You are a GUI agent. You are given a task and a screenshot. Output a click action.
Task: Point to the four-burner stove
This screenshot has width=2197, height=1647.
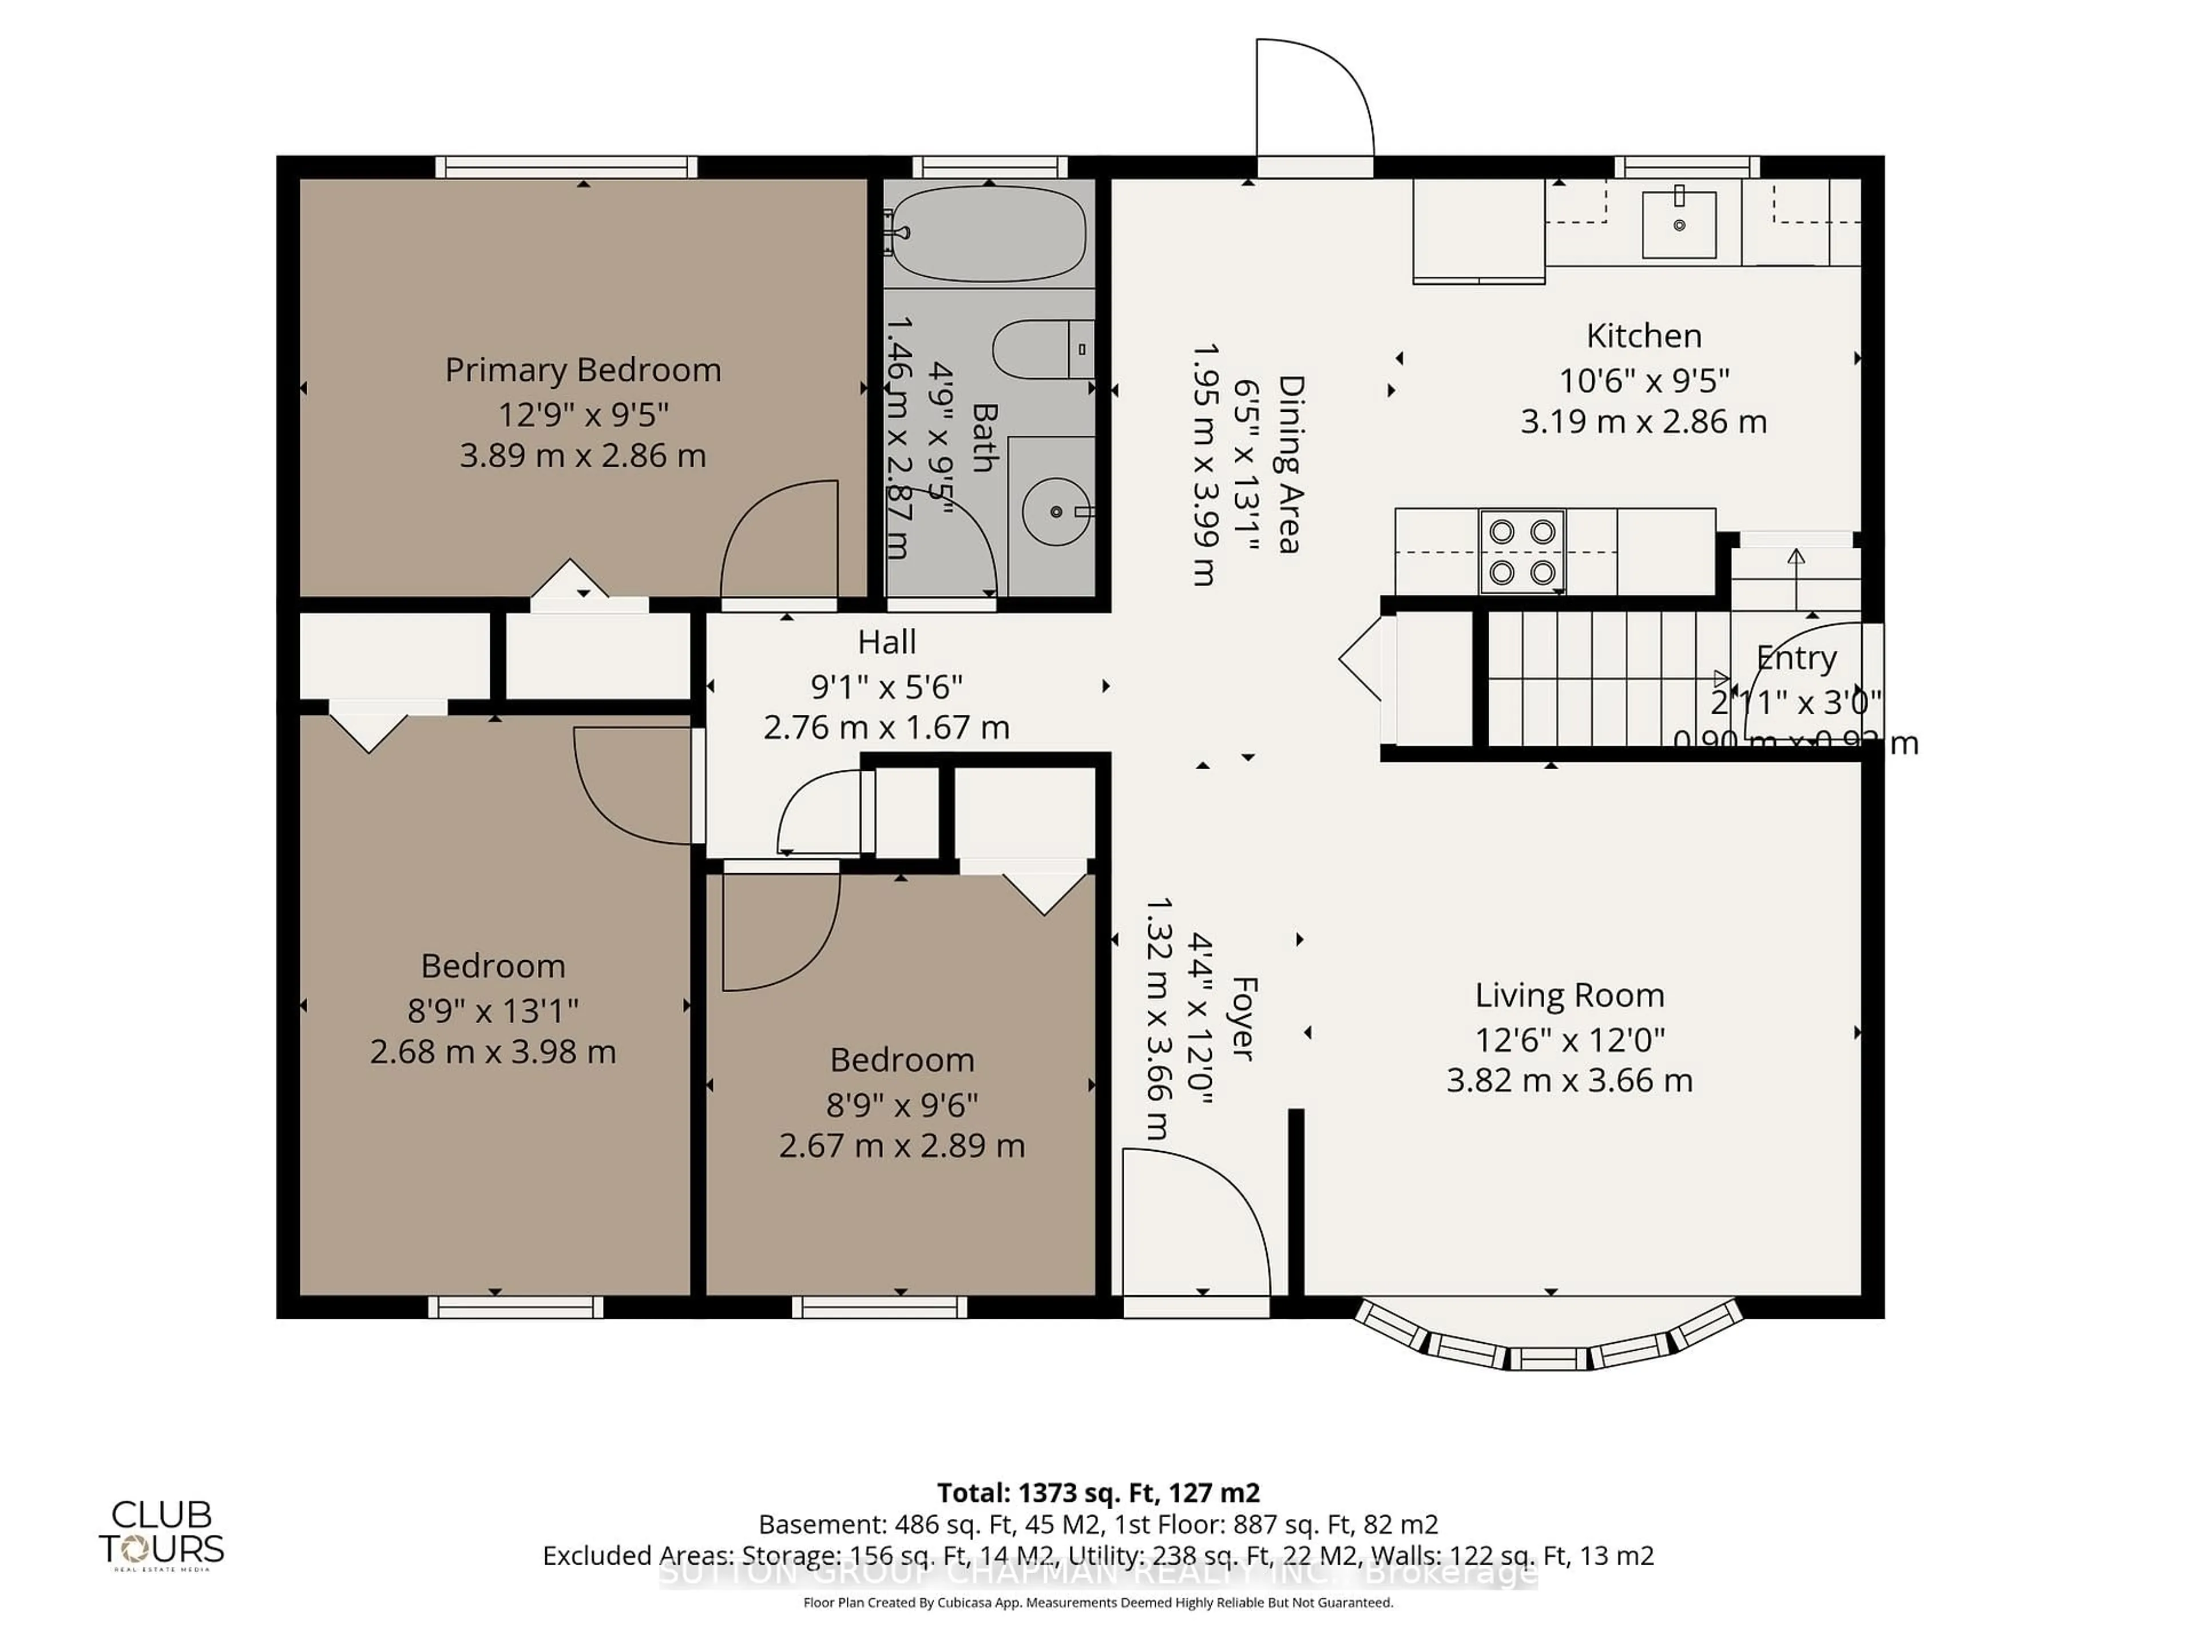click(1522, 552)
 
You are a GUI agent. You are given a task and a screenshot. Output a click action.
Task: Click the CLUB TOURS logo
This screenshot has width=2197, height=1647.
click(161, 1534)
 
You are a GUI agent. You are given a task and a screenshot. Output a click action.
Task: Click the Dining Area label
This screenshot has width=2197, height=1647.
click(1289, 464)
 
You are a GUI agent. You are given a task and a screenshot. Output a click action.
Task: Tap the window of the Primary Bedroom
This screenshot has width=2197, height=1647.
click(566, 167)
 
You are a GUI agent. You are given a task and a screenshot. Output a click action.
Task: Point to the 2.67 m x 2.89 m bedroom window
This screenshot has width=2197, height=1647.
click(879, 1307)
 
